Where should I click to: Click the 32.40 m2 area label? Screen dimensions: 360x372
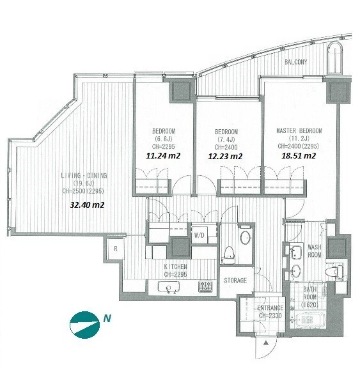tap(87, 205)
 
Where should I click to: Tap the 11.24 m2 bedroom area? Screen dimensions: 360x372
tap(163, 155)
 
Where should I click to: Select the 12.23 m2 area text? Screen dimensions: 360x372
tap(225, 157)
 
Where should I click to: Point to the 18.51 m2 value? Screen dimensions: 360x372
tap(299, 155)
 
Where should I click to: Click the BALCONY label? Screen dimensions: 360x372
tap(295, 62)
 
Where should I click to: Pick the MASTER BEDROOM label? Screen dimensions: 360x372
tap(299, 131)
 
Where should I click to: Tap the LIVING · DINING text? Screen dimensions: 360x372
tap(84, 176)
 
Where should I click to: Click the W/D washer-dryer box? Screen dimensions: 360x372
tap(200, 235)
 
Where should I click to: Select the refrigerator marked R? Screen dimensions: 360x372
tap(116, 249)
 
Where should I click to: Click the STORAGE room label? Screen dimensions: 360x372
tap(235, 281)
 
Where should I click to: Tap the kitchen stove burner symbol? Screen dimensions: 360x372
tap(205, 286)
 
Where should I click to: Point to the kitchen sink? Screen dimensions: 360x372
tap(169, 287)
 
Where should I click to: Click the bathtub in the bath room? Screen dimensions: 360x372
tap(308, 320)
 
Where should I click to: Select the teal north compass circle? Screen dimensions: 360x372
tap(84, 325)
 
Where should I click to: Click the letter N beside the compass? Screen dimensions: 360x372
tap(107, 318)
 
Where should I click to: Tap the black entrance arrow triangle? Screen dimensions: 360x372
tap(266, 343)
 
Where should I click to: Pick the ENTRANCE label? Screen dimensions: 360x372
tap(270, 308)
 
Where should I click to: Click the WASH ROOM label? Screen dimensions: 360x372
tap(314, 251)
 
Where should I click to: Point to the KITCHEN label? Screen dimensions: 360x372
tap(175, 267)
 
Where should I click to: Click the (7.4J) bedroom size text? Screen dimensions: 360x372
tap(226, 139)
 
